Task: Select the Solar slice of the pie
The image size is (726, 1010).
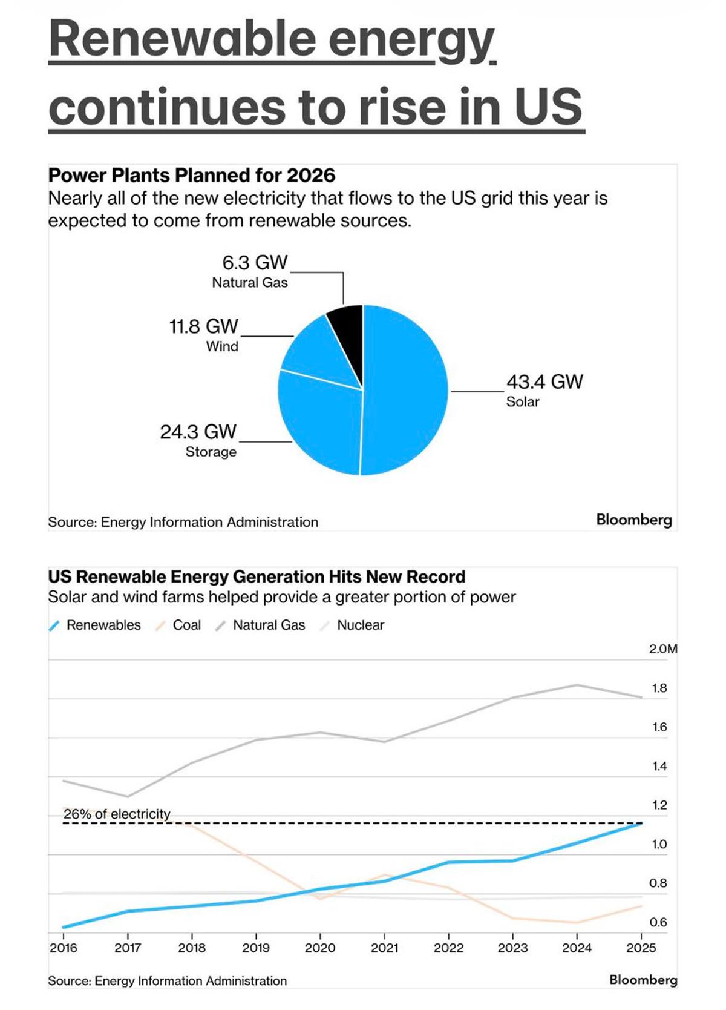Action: click(x=405, y=388)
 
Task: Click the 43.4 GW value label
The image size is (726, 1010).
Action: click(x=544, y=382)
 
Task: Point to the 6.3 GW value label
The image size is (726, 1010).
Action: click(x=255, y=263)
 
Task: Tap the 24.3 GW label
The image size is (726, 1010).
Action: click(x=198, y=432)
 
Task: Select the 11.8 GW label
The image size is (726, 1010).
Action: click(x=203, y=327)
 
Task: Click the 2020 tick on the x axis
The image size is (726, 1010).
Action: click(x=320, y=948)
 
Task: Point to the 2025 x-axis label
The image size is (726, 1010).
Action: click(x=641, y=948)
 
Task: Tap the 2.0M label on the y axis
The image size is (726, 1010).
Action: click(x=662, y=649)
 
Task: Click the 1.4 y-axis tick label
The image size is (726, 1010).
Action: click(x=659, y=767)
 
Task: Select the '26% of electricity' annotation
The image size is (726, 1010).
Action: click(x=117, y=814)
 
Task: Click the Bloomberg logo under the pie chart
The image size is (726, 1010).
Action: click(x=633, y=520)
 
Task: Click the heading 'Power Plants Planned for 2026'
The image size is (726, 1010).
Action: click(x=191, y=175)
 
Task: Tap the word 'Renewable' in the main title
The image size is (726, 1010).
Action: click(x=181, y=39)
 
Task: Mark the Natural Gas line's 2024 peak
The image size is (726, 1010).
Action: click(x=577, y=685)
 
